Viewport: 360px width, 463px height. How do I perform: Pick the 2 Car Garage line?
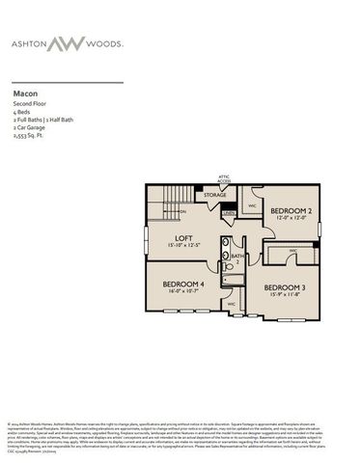point(31,129)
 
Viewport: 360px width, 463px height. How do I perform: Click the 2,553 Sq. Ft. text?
point(32,137)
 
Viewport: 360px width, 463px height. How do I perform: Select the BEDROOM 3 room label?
point(284,287)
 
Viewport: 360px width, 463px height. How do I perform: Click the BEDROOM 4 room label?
point(183,284)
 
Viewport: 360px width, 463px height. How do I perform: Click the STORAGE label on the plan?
point(214,195)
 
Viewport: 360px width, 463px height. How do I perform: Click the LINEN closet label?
point(229,211)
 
